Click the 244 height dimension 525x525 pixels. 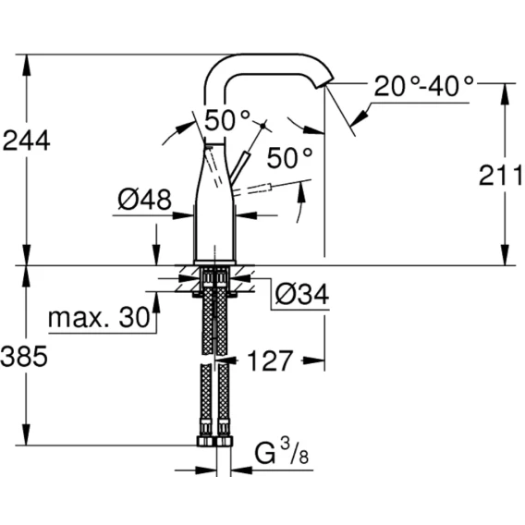[26, 140]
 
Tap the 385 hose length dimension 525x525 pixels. [24, 356]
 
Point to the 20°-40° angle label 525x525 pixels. [424, 86]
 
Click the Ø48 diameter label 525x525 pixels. [144, 200]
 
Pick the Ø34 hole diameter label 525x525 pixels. [302, 294]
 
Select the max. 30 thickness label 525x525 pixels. [99, 317]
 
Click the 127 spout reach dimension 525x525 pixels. [270, 360]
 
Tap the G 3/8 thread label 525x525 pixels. [281, 452]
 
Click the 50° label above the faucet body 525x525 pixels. [227, 120]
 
